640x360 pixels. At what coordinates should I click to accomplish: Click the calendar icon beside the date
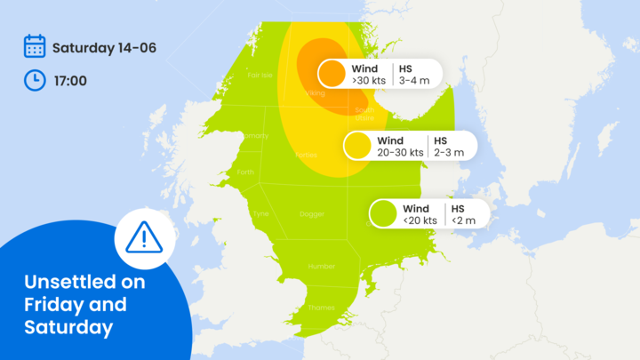coord(35,46)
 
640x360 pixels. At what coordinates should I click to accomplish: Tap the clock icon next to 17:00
coord(35,80)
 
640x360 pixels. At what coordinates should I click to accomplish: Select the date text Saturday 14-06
coord(104,47)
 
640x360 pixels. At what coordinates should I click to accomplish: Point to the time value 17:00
coord(69,81)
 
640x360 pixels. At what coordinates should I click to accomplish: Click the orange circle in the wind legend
coord(332,74)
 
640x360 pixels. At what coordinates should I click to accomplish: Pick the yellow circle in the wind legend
coord(357,146)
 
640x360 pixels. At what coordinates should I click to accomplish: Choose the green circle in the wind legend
coord(383,213)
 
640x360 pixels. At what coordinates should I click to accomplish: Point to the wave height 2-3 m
coord(450,152)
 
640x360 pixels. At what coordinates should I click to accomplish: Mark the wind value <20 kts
coord(420,220)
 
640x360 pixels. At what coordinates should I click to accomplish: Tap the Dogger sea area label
coord(311,214)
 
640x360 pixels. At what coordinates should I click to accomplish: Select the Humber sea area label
coord(321,266)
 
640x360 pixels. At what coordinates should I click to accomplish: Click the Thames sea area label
coord(321,308)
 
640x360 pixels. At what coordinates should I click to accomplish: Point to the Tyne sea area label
coord(260,214)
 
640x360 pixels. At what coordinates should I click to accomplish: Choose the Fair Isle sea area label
coord(260,76)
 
